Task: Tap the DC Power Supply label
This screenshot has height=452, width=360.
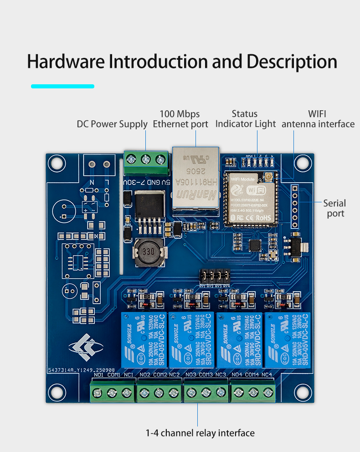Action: [112, 124]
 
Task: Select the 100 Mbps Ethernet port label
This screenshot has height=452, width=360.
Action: [180, 119]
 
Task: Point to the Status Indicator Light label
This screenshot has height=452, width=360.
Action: [245, 119]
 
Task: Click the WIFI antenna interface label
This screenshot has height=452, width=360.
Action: [318, 119]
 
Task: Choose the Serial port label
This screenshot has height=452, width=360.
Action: [334, 208]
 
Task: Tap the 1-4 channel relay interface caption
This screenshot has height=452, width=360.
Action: [200, 433]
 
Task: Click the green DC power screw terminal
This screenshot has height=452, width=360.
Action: [146, 160]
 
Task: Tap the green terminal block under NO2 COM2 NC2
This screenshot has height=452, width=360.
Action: [159, 392]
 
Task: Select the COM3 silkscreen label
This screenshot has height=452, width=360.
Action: [206, 375]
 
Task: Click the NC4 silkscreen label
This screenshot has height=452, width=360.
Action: [267, 375]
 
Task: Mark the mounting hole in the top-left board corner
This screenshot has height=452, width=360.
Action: [57, 161]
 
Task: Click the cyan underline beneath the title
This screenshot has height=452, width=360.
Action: [62, 86]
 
